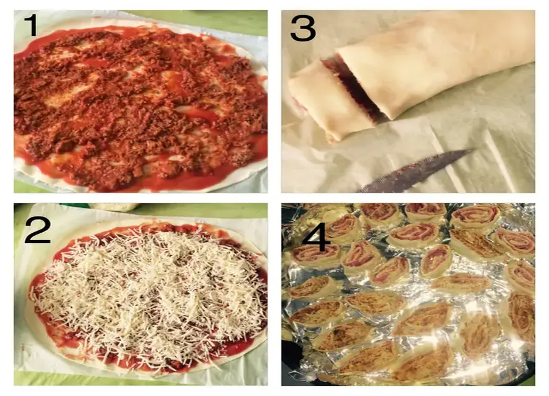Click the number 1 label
point(32,25)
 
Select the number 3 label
point(303,29)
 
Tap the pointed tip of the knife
point(472,150)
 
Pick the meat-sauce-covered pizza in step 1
point(140,107)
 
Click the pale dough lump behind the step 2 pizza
point(114,207)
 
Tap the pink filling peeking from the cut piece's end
point(298,102)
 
